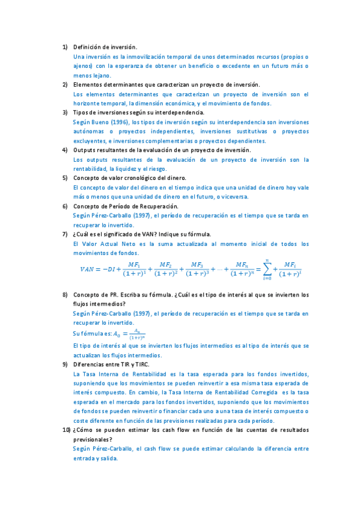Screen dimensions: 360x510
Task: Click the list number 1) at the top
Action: [x=65, y=47]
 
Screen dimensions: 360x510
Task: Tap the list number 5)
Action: [x=65, y=178]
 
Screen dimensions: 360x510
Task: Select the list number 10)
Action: [x=66, y=431]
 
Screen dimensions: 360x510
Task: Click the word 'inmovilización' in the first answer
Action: [x=138, y=56]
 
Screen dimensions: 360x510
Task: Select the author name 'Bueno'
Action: [x=105, y=122]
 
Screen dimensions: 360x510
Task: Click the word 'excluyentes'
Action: [x=89, y=141]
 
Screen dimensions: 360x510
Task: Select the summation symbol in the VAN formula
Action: [x=265, y=269]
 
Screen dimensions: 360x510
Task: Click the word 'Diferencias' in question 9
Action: [x=90, y=364]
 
